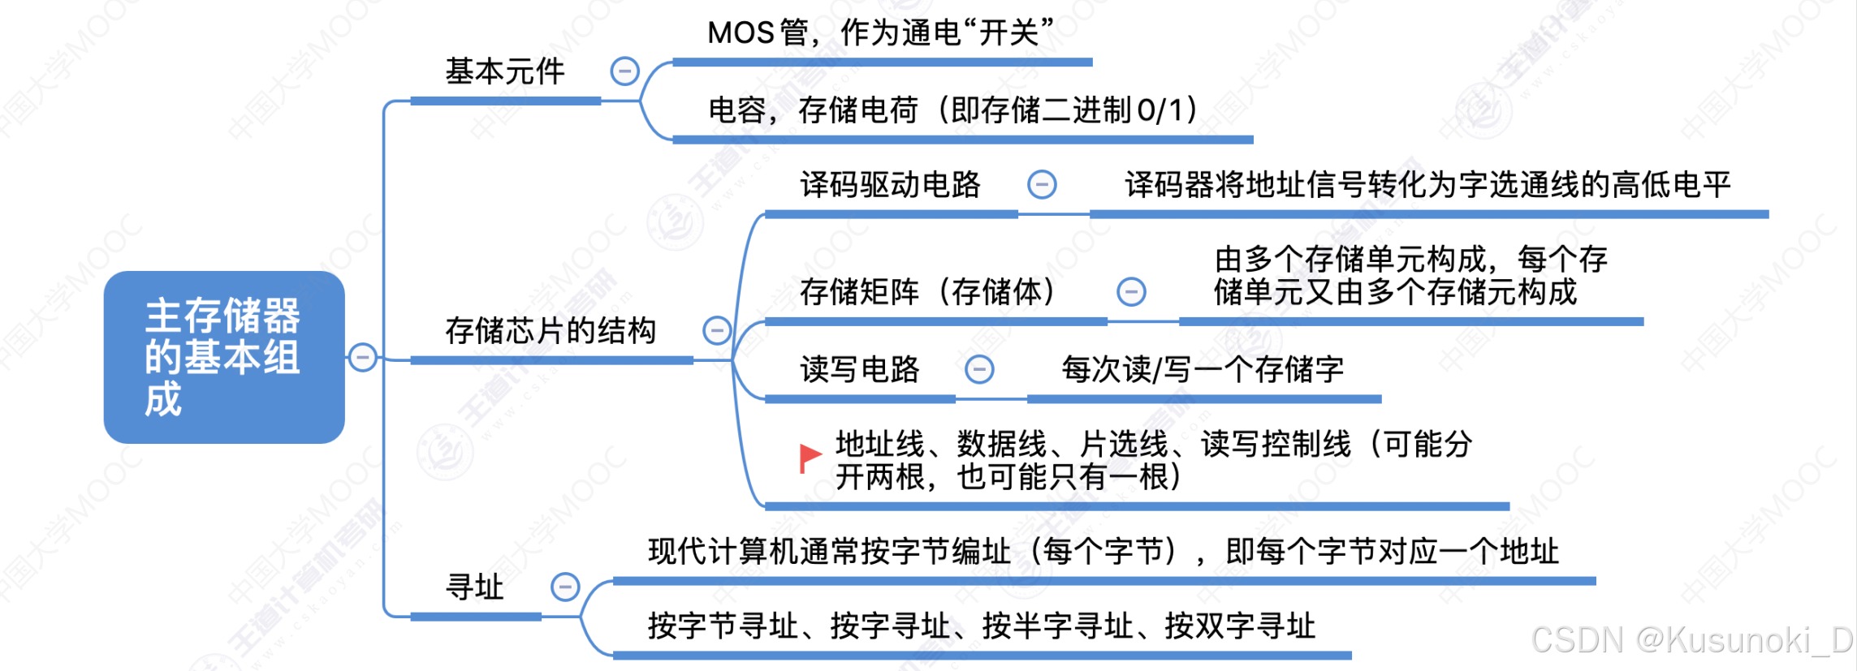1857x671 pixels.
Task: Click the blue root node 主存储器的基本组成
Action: [x=224, y=357]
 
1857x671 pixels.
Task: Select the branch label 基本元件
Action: [x=504, y=71]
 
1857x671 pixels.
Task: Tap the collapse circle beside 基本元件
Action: [x=624, y=71]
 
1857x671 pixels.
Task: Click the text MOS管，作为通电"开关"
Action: [x=880, y=33]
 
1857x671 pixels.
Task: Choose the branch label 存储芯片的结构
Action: [x=550, y=330]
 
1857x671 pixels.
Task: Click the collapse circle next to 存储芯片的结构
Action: [x=717, y=330]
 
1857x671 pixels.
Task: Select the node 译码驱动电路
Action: [x=890, y=185]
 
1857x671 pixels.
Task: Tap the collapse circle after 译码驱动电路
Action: [x=1042, y=185]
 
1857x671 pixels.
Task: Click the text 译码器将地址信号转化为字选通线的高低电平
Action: [x=1427, y=185]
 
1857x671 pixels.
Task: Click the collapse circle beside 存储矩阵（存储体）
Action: [x=1131, y=291]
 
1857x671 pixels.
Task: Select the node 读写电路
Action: [x=859, y=369]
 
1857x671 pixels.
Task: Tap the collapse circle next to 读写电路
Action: [x=979, y=369]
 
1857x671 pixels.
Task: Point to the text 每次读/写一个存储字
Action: [x=1202, y=369]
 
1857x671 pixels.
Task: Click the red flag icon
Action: [x=810, y=457]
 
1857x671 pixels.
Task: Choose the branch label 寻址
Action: [x=475, y=587]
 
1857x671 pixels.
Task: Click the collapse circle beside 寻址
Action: [x=565, y=587]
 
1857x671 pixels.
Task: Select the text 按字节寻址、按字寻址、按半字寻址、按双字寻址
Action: [x=981, y=626]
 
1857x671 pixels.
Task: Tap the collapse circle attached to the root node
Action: [x=363, y=357]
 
